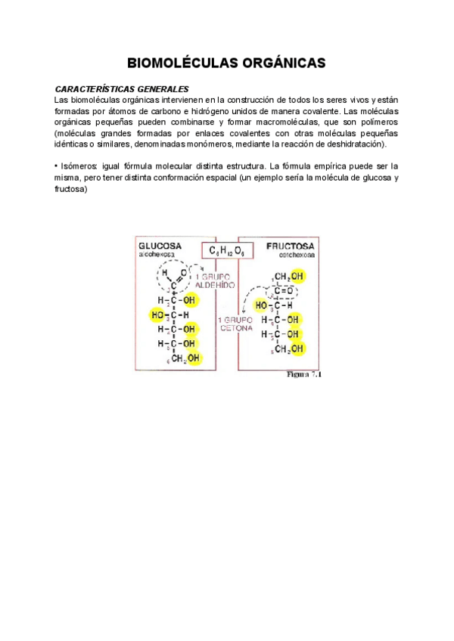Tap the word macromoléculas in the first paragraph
click(x=296, y=122)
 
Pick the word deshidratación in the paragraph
click(x=354, y=144)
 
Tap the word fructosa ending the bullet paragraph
click(x=72, y=189)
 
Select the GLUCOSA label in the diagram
click(x=160, y=247)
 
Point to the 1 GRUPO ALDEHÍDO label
click(x=216, y=281)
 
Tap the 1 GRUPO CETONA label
click(x=235, y=324)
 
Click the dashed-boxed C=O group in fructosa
click(x=283, y=290)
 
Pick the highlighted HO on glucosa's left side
click(x=159, y=314)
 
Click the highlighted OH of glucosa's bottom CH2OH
click(x=194, y=358)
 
